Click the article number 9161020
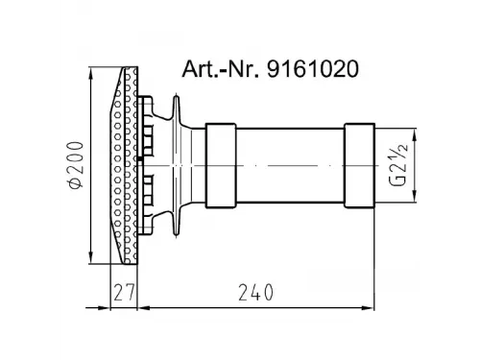(x=313, y=69)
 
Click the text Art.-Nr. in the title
(x=221, y=69)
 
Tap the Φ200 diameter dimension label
(x=76, y=165)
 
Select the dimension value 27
(x=123, y=293)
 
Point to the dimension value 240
(x=256, y=293)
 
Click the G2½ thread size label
(x=398, y=165)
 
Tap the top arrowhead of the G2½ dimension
(x=415, y=133)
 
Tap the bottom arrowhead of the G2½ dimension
(x=415, y=197)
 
